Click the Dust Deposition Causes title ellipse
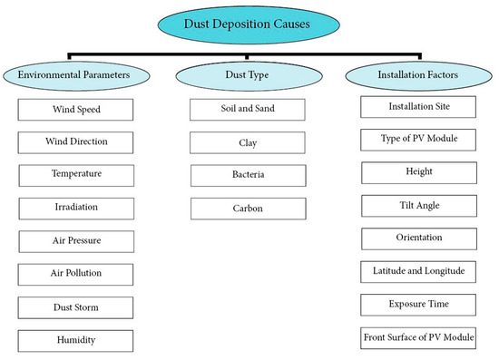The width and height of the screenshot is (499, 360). click(248, 24)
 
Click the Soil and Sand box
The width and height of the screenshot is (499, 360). click(248, 110)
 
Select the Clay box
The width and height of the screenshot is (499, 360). click(248, 142)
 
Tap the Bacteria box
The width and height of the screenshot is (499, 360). click(248, 175)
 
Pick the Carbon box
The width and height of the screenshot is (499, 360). click(248, 208)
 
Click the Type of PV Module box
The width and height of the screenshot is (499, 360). click(418, 140)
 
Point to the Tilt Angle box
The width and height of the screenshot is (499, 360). click(418, 206)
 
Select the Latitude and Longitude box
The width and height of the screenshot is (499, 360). click(418, 271)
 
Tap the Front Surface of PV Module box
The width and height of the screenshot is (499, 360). click(418, 337)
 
